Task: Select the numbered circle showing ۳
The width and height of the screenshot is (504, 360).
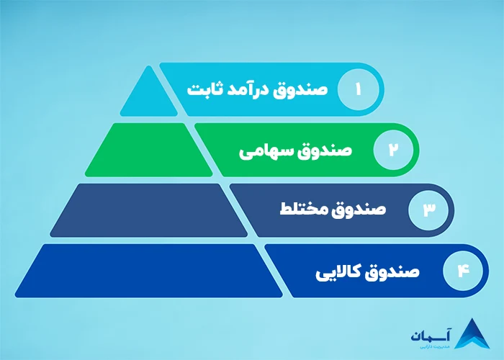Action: click(x=428, y=210)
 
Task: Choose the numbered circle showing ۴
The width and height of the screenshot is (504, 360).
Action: click(x=463, y=271)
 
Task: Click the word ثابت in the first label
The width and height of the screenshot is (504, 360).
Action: click(x=202, y=90)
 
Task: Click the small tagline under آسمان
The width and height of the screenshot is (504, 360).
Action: click(x=430, y=347)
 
